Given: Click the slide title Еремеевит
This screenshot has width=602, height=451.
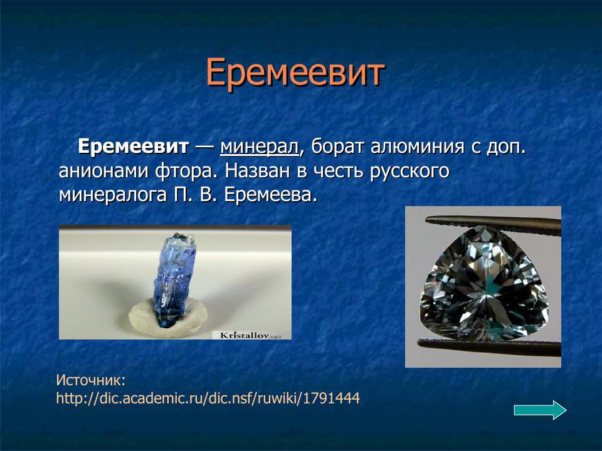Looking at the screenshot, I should coord(294,73).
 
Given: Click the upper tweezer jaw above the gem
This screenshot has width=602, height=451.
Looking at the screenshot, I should coord(489,220).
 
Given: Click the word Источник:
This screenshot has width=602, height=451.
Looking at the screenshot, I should coord(91,380).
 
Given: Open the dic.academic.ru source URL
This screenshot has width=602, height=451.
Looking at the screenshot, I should coord(208,398).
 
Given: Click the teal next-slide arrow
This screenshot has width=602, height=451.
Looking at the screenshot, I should coord(539,410).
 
